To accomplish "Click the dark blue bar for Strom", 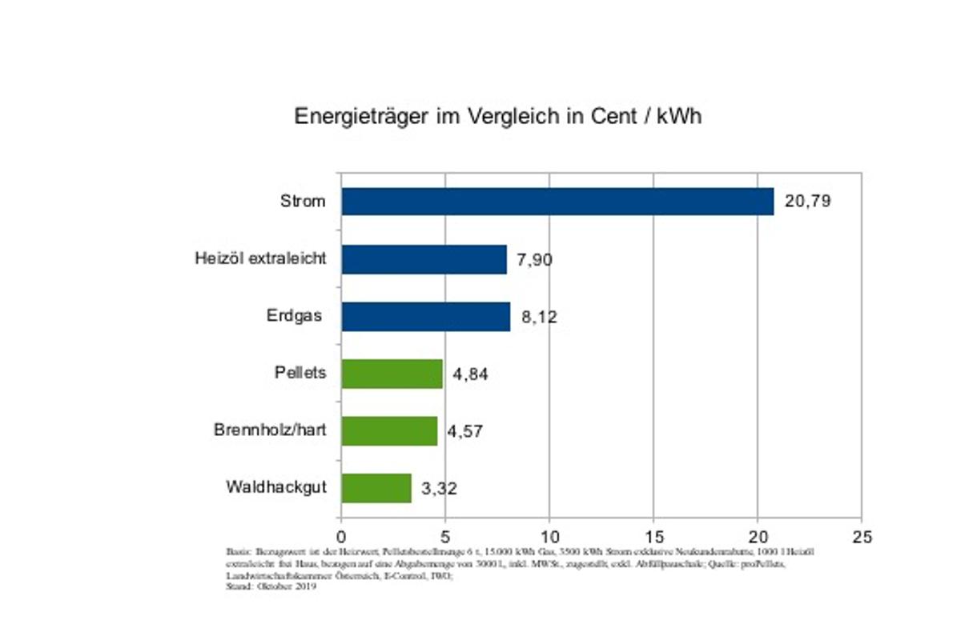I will (x=557, y=202).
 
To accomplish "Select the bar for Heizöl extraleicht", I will (x=424, y=259).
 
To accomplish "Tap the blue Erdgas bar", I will (x=425, y=317).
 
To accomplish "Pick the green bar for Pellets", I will (x=392, y=374).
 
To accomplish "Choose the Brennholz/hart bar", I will (x=389, y=431).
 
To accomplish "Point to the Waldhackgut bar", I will (x=376, y=488).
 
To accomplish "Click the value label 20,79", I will (x=807, y=202).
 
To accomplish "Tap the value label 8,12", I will (x=538, y=317).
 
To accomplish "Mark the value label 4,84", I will (x=470, y=374).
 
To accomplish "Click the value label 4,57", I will (x=465, y=432).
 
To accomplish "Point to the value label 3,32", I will (x=439, y=489).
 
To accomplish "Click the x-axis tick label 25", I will (x=862, y=536).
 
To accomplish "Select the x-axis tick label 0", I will (x=342, y=536).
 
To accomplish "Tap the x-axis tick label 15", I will (x=653, y=536).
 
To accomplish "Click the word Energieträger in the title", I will (x=361, y=117).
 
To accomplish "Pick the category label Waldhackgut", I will (x=276, y=487).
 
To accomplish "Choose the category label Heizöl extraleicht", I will (x=260, y=259).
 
